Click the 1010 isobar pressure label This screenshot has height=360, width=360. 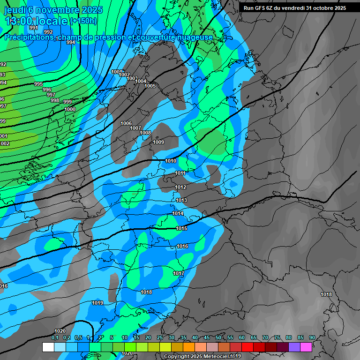[x=171, y=161]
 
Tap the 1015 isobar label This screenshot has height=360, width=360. [x=182, y=228]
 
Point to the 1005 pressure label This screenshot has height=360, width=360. [x=150, y=86]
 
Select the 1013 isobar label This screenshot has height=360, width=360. [x=181, y=201]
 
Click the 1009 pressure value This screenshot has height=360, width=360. [x=158, y=142]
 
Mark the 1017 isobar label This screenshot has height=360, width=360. [x=179, y=273]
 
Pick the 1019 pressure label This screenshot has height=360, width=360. [x=97, y=303]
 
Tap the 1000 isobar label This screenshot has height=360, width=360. [x=70, y=109]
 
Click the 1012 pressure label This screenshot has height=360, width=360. [x=180, y=187]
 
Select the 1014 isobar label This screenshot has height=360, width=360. [x=178, y=213]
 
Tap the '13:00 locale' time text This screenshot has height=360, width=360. [x=36, y=21]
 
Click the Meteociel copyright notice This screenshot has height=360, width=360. [x=202, y=357]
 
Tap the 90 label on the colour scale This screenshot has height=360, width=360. [x=312, y=337]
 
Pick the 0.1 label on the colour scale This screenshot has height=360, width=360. [x=54, y=337]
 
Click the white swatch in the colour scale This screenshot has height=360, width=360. [x=48, y=347]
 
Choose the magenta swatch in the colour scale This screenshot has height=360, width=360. [x=306, y=347]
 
